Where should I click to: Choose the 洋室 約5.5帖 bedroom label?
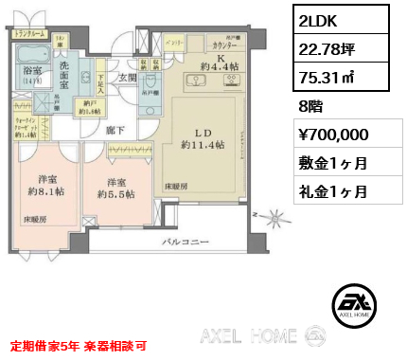[x=115, y=188]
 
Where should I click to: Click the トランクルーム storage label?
[x=31, y=33]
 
